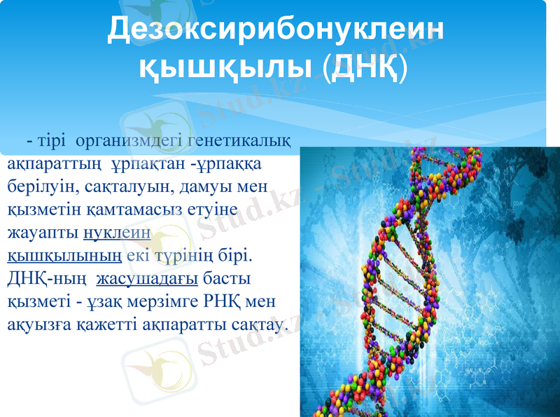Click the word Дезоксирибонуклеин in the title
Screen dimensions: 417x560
pyautogui.click(x=276, y=29)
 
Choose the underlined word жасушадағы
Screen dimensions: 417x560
pyautogui.click(x=147, y=279)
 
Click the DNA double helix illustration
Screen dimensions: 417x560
pyautogui.click(x=427, y=280)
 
